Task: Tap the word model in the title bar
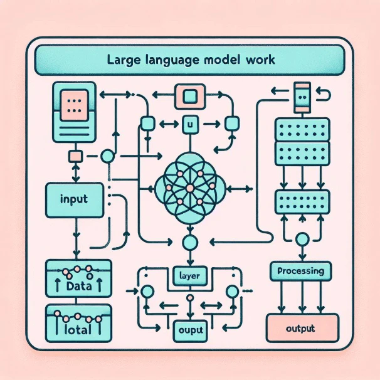pos(224,62)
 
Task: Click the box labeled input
pos(75,201)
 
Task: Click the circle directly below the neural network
pos(189,241)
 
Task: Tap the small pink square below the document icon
pos(75,156)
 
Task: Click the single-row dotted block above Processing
pos(303,202)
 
